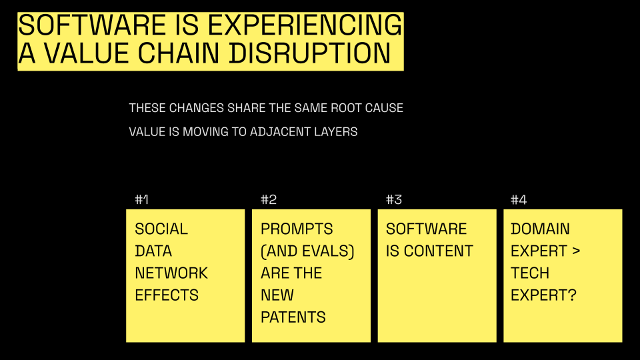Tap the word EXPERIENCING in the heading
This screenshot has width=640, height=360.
(x=305, y=25)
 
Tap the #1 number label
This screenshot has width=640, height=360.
(x=141, y=199)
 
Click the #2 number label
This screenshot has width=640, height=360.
(x=269, y=199)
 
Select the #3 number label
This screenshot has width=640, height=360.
(x=394, y=199)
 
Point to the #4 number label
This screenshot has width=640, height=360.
(x=519, y=199)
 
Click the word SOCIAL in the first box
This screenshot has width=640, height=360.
(x=161, y=229)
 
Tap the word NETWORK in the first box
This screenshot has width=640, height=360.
(x=171, y=273)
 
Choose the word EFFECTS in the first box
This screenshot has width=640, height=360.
(x=167, y=295)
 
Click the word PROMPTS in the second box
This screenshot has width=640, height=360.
(x=297, y=229)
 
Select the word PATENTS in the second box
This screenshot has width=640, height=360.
(x=293, y=317)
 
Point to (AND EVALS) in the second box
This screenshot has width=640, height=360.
(x=307, y=251)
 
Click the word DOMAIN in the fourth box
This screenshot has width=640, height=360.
(x=540, y=229)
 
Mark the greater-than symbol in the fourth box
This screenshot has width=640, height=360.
(x=576, y=251)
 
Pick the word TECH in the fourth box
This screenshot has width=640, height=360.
(x=530, y=273)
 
